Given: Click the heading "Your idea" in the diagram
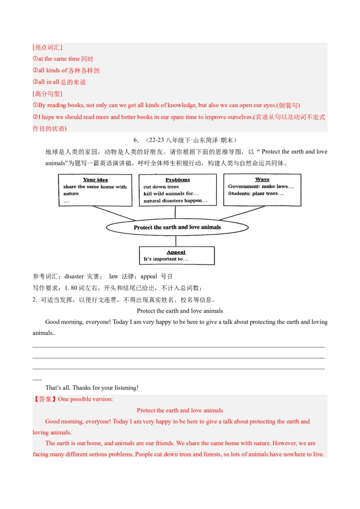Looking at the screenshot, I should (x=95, y=180).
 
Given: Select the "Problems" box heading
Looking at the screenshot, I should (x=178, y=180).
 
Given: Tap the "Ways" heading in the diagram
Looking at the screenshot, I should (x=262, y=179).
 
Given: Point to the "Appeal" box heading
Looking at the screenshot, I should (x=176, y=252).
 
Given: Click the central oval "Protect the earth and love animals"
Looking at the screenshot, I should (x=177, y=228).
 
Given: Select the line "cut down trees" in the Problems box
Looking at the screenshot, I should (x=161, y=187).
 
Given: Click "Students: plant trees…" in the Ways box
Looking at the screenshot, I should (x=256, y=193).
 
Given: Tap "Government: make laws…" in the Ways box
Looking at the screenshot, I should (x=261, y=186).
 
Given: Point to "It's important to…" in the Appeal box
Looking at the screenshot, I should (x=166, y=259).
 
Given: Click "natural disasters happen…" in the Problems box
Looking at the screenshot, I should (x=175, y=201).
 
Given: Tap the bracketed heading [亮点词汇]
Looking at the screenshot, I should (x=47, y=47).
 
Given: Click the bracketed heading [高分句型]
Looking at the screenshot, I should (x=47, y=94).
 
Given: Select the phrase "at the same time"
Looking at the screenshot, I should (x=59, y=59).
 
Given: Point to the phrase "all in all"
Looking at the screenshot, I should (x=49, y=82).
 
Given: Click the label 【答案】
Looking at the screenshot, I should (x=45, y=399).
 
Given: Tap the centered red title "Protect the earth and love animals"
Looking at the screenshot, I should (x=180, y=410).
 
